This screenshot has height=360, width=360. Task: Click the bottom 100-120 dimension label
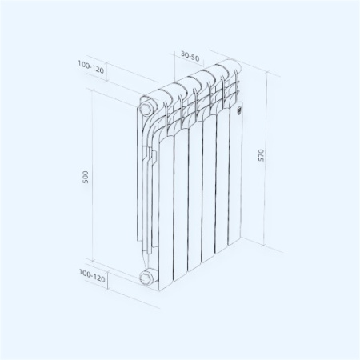click(92, 274)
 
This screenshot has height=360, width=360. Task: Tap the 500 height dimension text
click(86, 177)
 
